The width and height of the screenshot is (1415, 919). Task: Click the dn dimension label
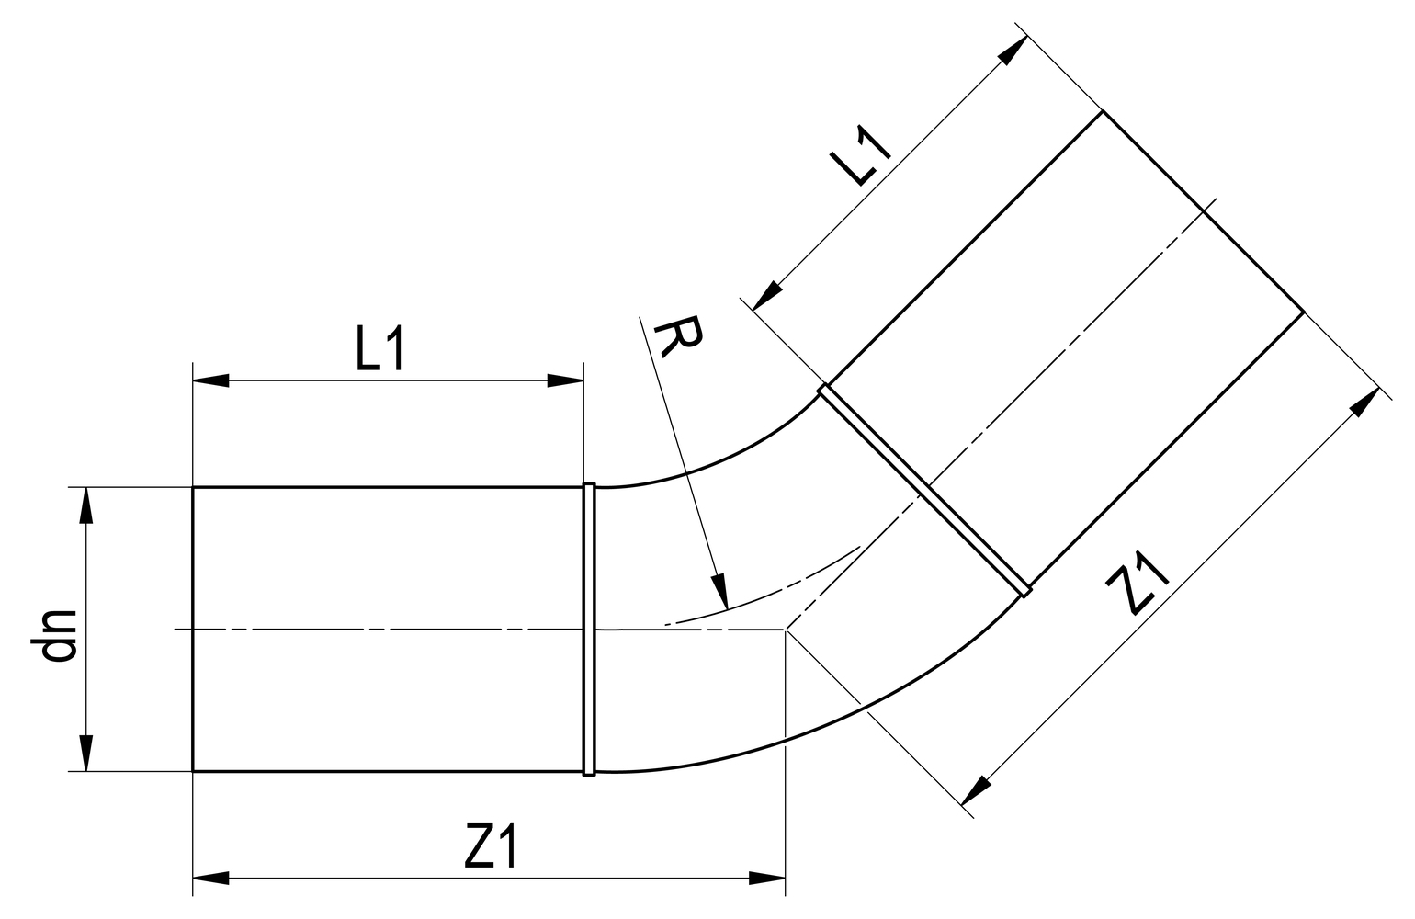click(59, 634)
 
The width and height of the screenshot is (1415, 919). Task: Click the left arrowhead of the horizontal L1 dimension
click(210, 380)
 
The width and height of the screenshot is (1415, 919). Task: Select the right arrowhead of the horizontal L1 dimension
click(565, 380)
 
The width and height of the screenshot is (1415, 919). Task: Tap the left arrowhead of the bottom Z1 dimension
click(210, 879)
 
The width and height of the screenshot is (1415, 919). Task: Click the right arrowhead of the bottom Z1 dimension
click(767, 879)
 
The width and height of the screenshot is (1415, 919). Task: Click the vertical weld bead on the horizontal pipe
click(589, 629)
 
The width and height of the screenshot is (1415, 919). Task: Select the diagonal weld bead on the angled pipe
click(924, 491)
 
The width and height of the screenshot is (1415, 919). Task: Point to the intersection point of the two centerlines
click(786, 630)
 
